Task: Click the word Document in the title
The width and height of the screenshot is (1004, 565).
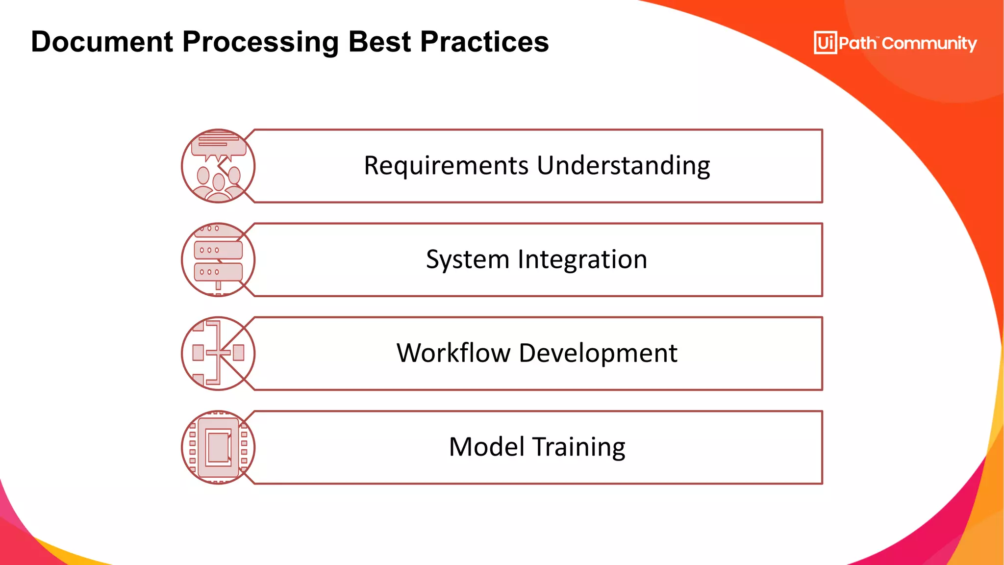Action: (102, 42)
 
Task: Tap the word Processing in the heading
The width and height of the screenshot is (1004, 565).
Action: (260, 42)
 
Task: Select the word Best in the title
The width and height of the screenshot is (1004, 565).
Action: (379, 42)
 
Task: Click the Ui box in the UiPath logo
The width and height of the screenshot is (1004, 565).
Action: (825, 43)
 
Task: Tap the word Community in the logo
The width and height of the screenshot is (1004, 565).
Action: (929, 43)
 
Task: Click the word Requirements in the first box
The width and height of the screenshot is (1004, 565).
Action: (446, 165)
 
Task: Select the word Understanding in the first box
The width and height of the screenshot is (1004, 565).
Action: (624, 165)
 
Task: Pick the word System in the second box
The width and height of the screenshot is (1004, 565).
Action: (468, 259)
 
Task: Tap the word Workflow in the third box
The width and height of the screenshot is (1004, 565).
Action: (453, 353)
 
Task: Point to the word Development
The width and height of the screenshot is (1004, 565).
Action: (598, 353)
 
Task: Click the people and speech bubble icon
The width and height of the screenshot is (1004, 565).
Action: (218, 166)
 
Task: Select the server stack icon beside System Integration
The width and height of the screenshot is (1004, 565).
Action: (218, 260)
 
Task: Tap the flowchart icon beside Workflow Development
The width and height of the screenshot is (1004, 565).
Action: (218, 353)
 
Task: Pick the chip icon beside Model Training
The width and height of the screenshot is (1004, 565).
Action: (218, 447)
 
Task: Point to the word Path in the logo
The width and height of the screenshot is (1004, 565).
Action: (857, 43)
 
